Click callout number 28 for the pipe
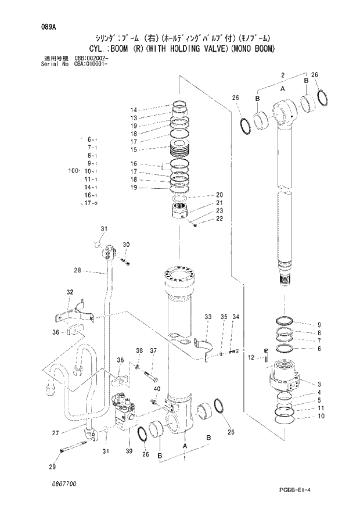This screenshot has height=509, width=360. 77,270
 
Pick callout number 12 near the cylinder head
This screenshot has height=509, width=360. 251,357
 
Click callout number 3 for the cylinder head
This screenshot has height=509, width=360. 319,383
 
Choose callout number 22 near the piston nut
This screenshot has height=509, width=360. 219,218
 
